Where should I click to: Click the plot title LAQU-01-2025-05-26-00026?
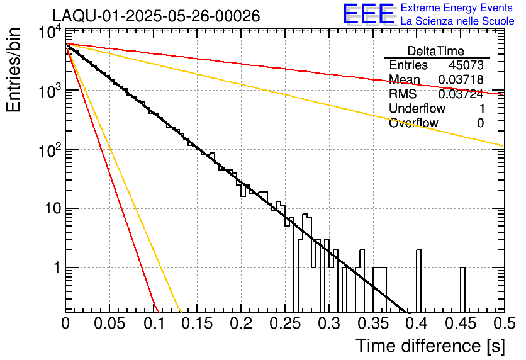click(156, 16)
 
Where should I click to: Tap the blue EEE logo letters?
click(368, 14)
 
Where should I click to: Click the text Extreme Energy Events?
click(457, 8)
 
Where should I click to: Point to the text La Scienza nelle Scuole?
click(457, 21)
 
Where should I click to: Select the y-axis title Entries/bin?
click(13, 70)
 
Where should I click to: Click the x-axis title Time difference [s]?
click(430, 346)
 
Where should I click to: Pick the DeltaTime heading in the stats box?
click(435, 51)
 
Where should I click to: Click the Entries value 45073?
click(466, 65)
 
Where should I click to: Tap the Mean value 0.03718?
click(461, 79)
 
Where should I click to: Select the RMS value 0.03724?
click(461, 94)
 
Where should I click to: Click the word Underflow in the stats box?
click(417, 108)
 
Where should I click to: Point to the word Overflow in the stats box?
click(413, 123)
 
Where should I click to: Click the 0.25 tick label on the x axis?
click(285, 323)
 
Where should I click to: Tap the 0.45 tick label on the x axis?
click(461, 323)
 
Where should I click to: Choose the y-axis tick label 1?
click(57, 267)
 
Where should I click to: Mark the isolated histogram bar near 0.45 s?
click(462, 290)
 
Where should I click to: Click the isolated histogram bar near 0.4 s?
click(418, 281)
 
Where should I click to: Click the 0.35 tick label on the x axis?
click(373, 323)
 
